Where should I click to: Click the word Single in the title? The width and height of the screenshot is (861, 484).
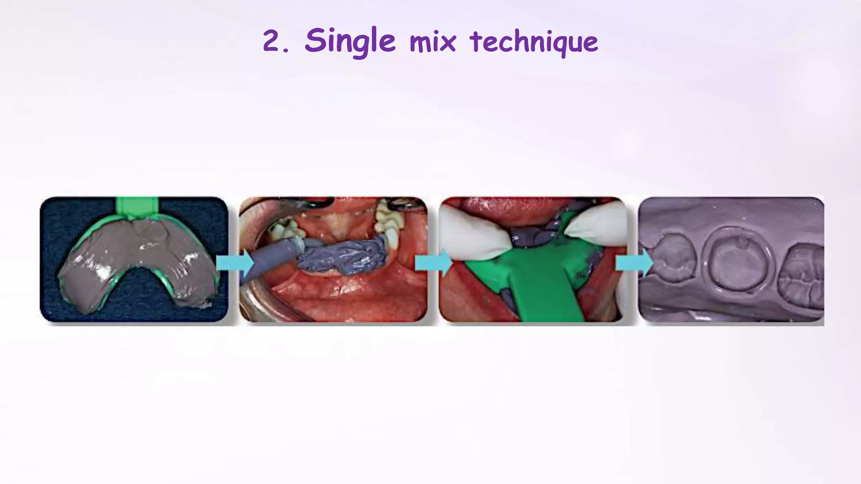[x=350, y=41]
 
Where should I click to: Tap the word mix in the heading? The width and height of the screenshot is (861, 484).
[x=433, y=42]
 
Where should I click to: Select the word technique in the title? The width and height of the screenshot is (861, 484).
[x=534, y=42]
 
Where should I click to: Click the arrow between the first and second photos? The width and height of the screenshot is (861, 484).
[x=235, y=263]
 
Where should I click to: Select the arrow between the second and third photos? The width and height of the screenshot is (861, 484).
[x=433, y=263]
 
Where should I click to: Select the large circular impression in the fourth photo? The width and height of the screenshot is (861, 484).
[x=737, y=260]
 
